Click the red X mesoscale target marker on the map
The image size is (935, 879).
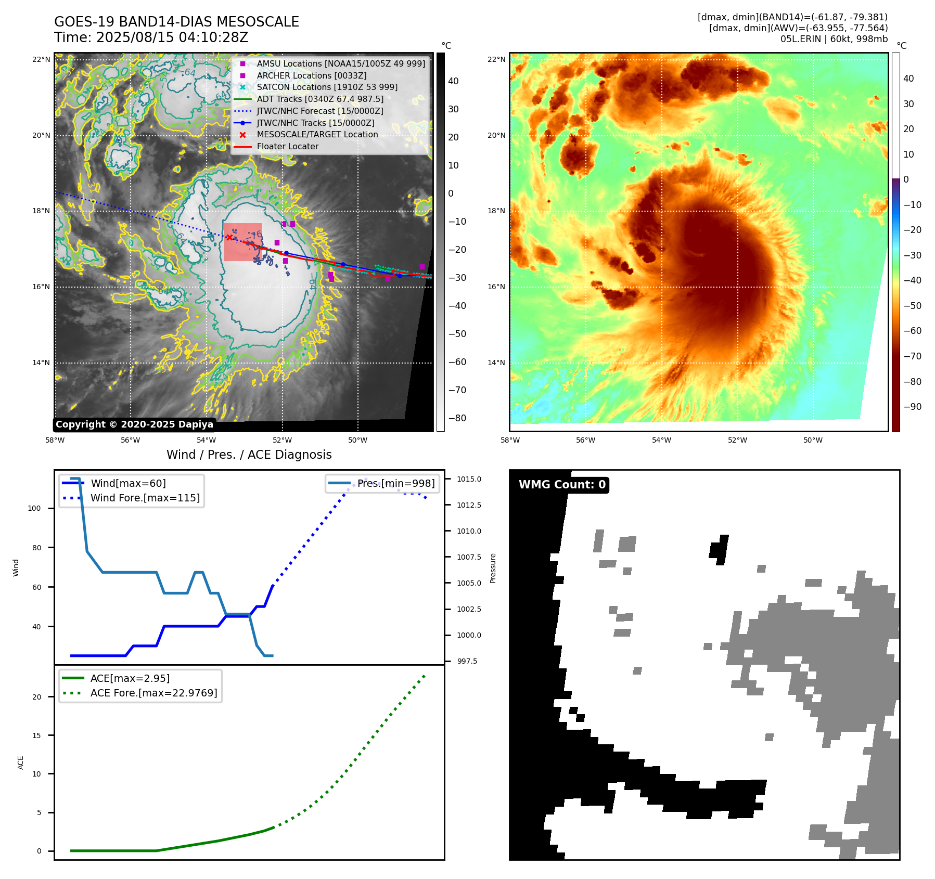click(x=229, y=237)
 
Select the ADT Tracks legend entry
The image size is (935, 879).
click(x=319, y=99)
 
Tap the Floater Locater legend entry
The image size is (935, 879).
click(x=287, y=146)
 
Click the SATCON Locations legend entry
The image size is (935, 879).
click(x=327, y=87)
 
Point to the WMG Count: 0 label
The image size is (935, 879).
click(x=562, y=485)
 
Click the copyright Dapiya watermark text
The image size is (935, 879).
click(x=134, y=424)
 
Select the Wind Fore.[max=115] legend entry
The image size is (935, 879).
click(x=145, y=498)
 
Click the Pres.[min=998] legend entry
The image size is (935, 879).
click(x=395, y=483)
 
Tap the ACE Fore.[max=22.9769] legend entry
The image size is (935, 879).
click(x=153, y=693)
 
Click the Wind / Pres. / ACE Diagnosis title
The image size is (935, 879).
click(x=249, y=455)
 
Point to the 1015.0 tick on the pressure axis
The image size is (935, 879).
click(x=469, y=479)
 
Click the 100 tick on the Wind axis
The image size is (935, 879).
click(x=34, y=508)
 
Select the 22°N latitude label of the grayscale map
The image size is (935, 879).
click(x=42, y=59)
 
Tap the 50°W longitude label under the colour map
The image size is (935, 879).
click(x=813, y=440)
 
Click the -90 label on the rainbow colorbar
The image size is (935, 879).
click(x=912, y=407)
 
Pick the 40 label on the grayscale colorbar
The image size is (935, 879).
click(x=453, y=81)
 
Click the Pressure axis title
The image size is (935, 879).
click(x=493, y=568)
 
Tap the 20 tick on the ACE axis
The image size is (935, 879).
click(x=36, y=697)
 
